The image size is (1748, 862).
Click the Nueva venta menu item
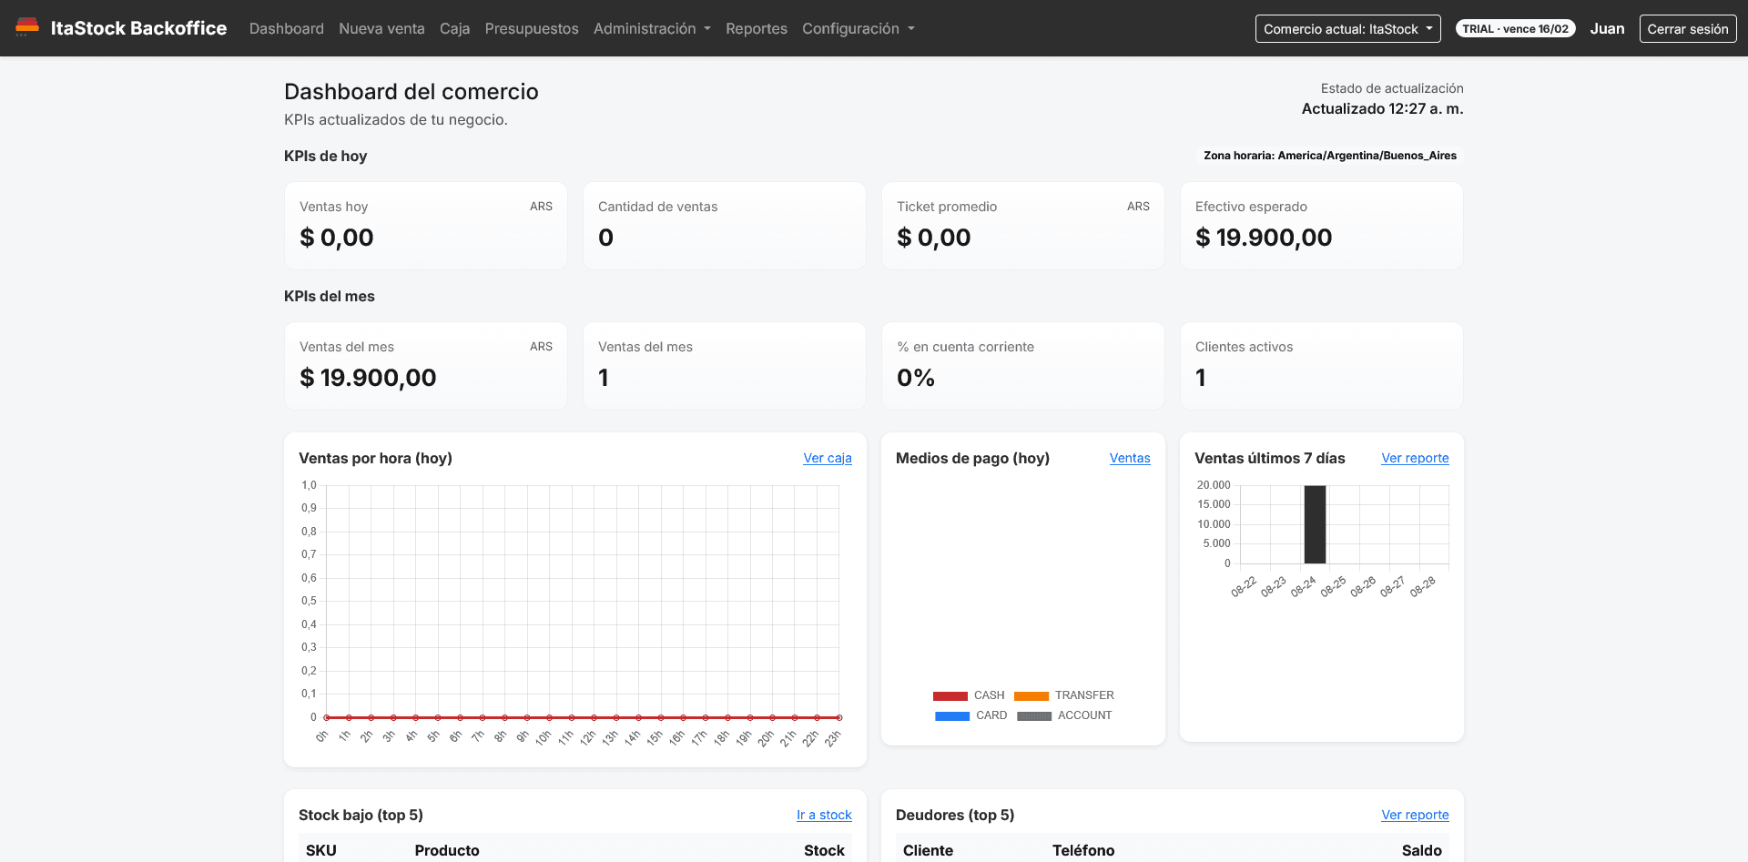click(x=381, y=28)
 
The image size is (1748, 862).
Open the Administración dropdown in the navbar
click(x=652, y=28)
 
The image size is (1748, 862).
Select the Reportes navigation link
click(x=757, y=28)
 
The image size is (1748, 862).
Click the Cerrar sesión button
click(x=1688, y=28)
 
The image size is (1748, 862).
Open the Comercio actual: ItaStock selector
click(x=1347, y=28)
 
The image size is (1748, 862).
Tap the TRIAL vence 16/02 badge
click(x=1516, y=28)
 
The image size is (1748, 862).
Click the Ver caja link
click(x=828, y=458)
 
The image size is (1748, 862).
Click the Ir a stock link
click(x=824, y=815)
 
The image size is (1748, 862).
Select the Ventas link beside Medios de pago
click(x=1130, y=458)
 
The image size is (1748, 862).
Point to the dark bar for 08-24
click(x=1315, y=524)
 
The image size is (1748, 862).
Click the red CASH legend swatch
click(x=950, y=695)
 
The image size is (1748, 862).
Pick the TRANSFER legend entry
click(x=1064, y=695)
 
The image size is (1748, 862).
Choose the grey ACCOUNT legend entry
click(x=1064, y=715)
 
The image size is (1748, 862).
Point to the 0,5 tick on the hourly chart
click(x=310, y=601)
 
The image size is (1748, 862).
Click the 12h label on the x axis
click(x=588, y=737)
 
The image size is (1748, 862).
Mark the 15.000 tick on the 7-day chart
click(x=1214, y=504)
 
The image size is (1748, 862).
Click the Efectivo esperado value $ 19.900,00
click(x=1264, y=238)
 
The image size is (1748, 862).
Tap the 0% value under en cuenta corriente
click(x=916, y=378)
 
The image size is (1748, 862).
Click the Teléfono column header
click(x=1083, y=850)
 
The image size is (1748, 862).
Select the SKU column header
click(x=321, y=850)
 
